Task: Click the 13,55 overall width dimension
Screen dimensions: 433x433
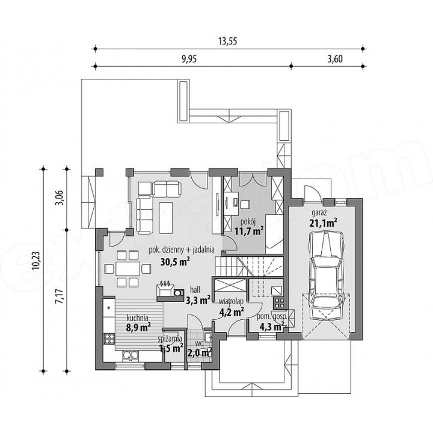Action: pos(228,41)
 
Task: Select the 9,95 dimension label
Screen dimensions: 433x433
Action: pos(189,59)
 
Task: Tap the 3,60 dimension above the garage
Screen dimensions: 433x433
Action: pos(335,59)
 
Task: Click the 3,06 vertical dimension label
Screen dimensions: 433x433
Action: pos(61,197)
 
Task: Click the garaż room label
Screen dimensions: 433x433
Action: pos(319,213)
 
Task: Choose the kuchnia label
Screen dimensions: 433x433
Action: pos(138,318)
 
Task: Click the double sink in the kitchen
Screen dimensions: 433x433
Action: pos(131,355)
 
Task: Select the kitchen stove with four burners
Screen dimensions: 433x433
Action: pos(109,339)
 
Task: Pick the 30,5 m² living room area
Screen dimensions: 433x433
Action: pos(175,261)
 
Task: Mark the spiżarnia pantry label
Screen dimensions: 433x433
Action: pos(170,338)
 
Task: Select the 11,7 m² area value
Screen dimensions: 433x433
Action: pos(249,231)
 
